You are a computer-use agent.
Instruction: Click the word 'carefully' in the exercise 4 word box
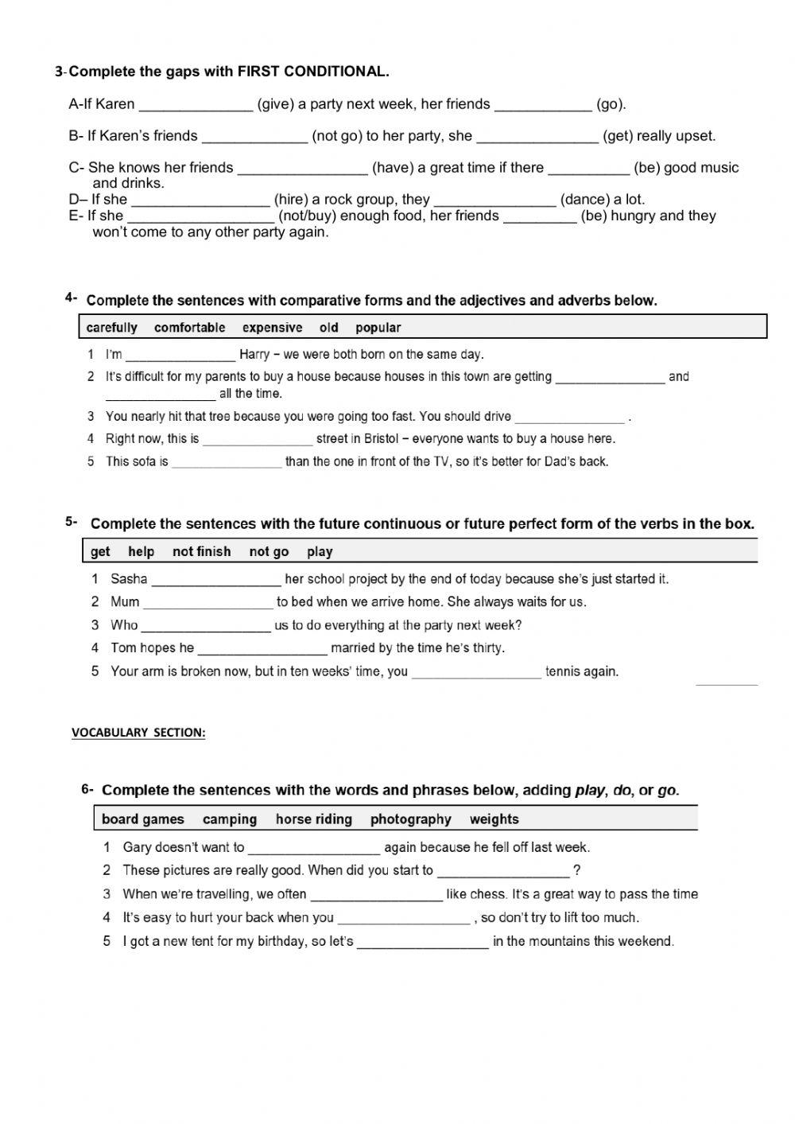coord(111,328)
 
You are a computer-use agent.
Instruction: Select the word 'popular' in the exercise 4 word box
coord(378,328)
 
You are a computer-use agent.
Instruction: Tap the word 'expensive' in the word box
coord(272,328)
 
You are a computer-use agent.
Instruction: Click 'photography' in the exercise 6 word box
coord(410,819)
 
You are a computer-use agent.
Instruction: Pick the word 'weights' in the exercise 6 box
coord(494,819)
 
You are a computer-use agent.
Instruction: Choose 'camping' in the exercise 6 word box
coord(230,819)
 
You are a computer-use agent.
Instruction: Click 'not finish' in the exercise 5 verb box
coord(201,552)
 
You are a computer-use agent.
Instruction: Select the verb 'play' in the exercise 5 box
coord(320,552)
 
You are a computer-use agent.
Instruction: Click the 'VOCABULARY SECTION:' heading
coord(138,733)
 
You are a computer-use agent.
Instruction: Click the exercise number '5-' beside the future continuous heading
coord(72,522)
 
